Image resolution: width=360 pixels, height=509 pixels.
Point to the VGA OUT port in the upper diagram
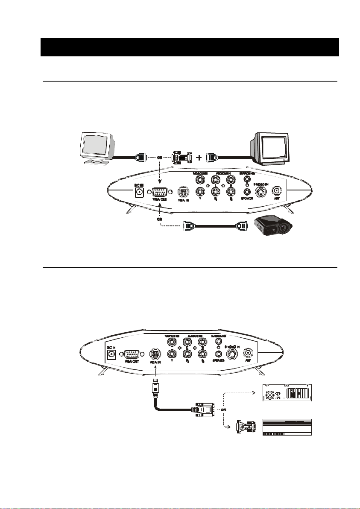tap(159, 192)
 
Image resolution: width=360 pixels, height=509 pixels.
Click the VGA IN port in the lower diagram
tap(155, 354)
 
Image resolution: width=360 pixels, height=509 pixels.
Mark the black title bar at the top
tap(190, 47)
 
